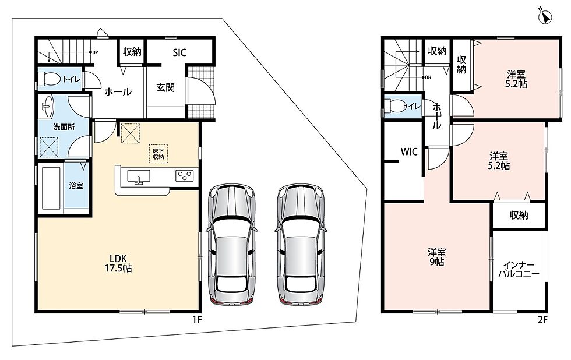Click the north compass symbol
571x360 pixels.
tap(545, 17)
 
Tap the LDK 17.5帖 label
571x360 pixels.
tap(118, 263)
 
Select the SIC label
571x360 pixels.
tap(179, 52)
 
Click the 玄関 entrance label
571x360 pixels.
tap(165, 87)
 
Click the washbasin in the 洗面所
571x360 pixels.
tap(47, 107)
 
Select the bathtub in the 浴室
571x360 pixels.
tap(51, 188)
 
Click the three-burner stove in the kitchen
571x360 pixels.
tap(184, 176)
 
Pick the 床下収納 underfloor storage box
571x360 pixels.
tap(158, 154)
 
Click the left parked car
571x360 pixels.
tap(231, 244)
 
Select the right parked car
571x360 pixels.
tap(301, 244)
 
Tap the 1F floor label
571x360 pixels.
tap(197, 320)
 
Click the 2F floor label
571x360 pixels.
tap(542, 320)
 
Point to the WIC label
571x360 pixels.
tap(409, 152)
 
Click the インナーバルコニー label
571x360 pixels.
tap(519, 269)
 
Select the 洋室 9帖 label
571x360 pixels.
tap(436, 257)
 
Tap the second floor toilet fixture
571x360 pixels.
tap(396, 106)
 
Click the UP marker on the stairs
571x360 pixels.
tap(95, 52)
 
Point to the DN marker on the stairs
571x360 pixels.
tap(428, 77)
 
